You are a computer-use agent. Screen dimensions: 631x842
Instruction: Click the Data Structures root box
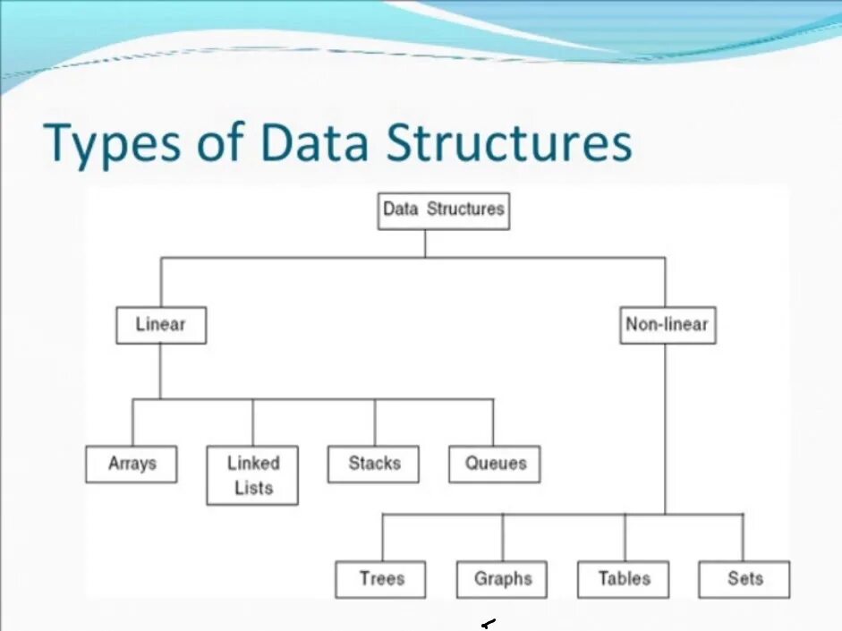coord(444,210)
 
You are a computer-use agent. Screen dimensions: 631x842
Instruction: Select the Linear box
coord(161,325)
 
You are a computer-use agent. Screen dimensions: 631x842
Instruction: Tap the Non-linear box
coord(667,325)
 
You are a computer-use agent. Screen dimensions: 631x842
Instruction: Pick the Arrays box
coord(132,464)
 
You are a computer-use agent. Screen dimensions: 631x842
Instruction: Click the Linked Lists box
coord(252,475)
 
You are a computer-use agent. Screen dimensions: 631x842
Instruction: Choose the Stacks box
coord(374,464)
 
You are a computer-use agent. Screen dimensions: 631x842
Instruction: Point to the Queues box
coord(495,464)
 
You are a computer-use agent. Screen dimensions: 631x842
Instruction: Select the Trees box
coord(381,578)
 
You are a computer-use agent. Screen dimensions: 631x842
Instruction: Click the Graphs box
coord(502,578)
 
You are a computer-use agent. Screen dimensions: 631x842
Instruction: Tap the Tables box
coord(624,578)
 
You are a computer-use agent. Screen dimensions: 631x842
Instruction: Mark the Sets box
coord(744,578)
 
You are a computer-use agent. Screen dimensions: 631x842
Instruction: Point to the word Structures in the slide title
coord(508,143)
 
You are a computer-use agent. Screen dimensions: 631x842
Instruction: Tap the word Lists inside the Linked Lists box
coord(253,488)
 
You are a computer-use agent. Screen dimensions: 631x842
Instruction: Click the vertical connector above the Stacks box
coord(375,422)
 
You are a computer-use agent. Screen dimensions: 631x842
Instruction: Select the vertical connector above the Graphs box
coord(503,537)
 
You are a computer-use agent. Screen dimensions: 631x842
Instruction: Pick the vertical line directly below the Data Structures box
coord(425,243)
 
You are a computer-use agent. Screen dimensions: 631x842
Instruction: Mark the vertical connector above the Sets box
coord(743,537)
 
